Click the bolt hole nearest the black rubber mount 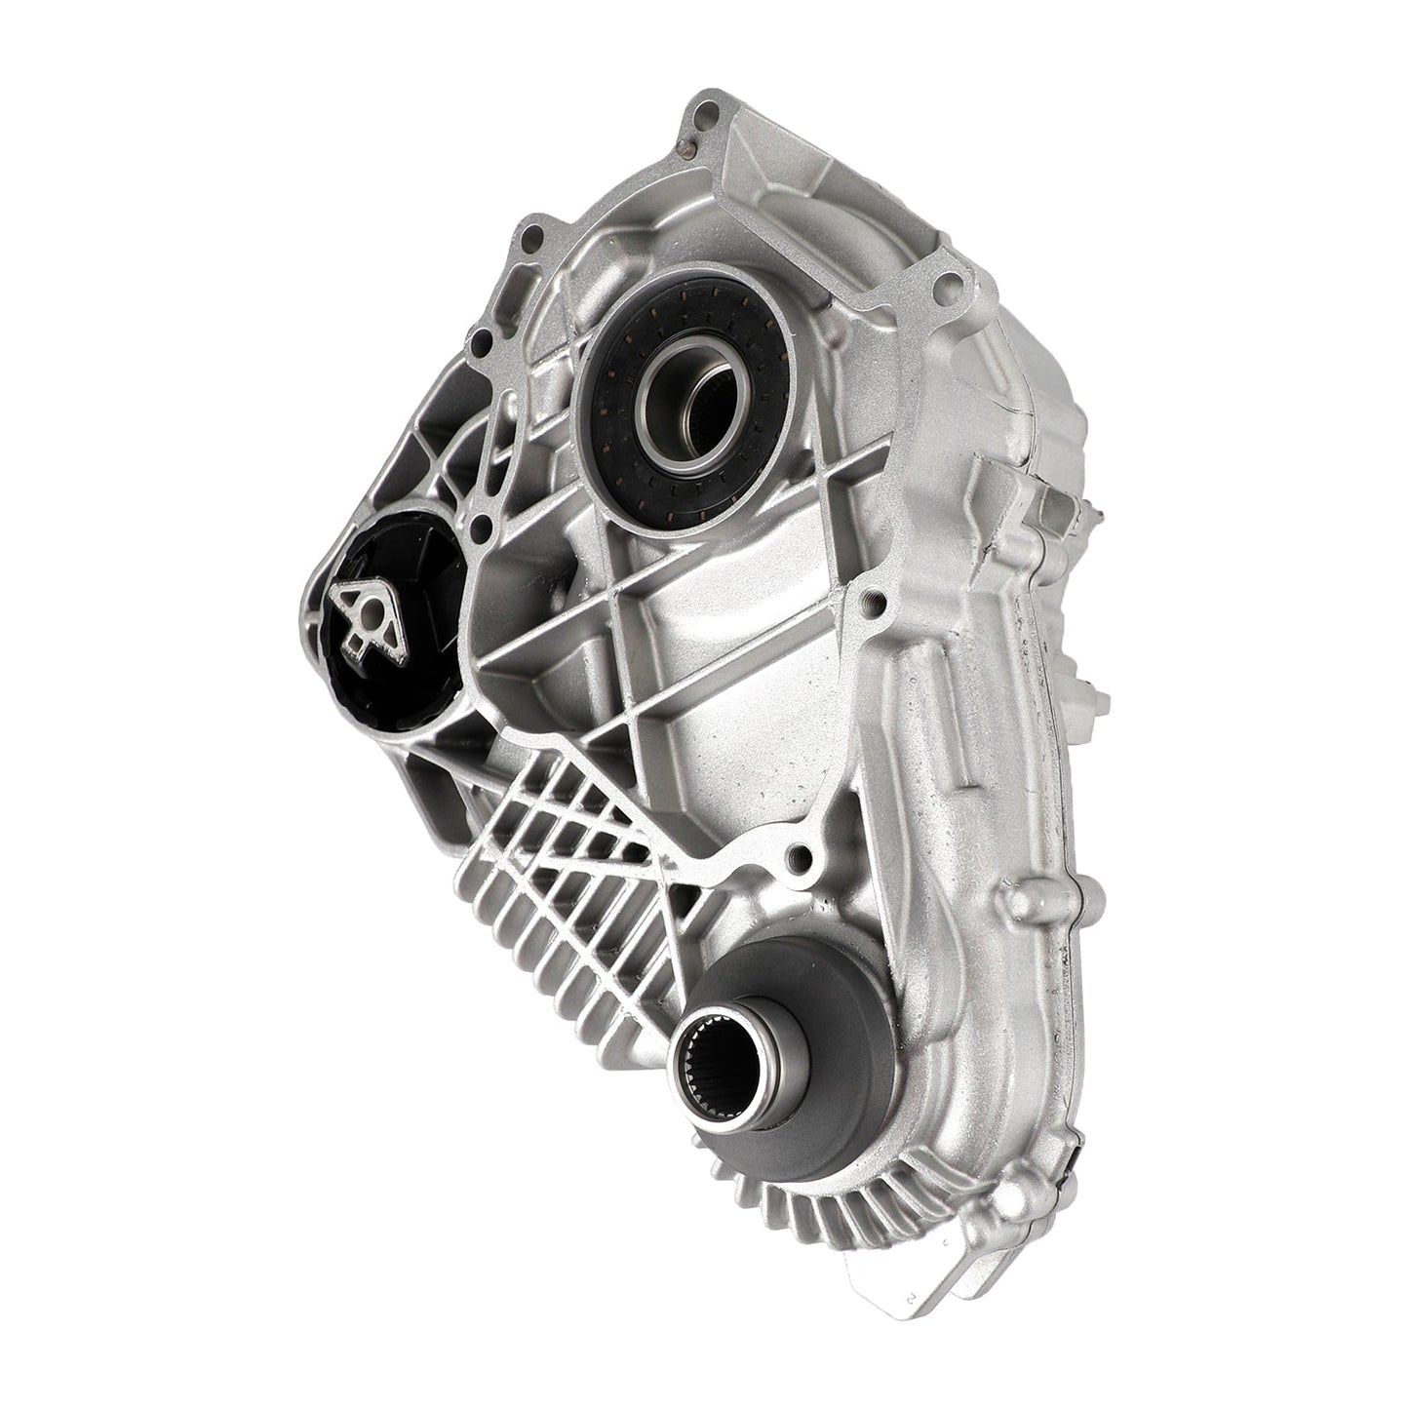click(x=479, y=527)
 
